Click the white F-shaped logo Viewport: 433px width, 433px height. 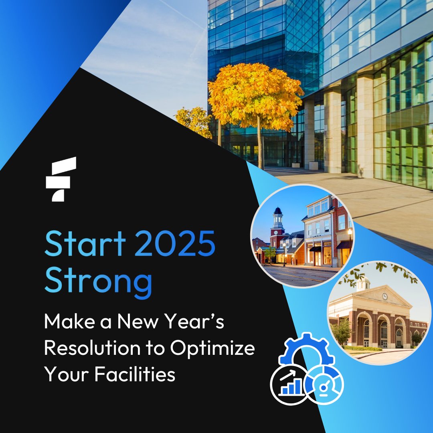pos(61,179)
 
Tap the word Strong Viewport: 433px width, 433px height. pos(98,281)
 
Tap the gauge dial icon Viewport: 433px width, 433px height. pos(324,383)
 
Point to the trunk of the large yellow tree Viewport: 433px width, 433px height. pos(260,144)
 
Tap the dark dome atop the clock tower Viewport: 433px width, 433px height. pos(278,211)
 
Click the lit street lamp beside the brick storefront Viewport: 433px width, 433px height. pos(350,233)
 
